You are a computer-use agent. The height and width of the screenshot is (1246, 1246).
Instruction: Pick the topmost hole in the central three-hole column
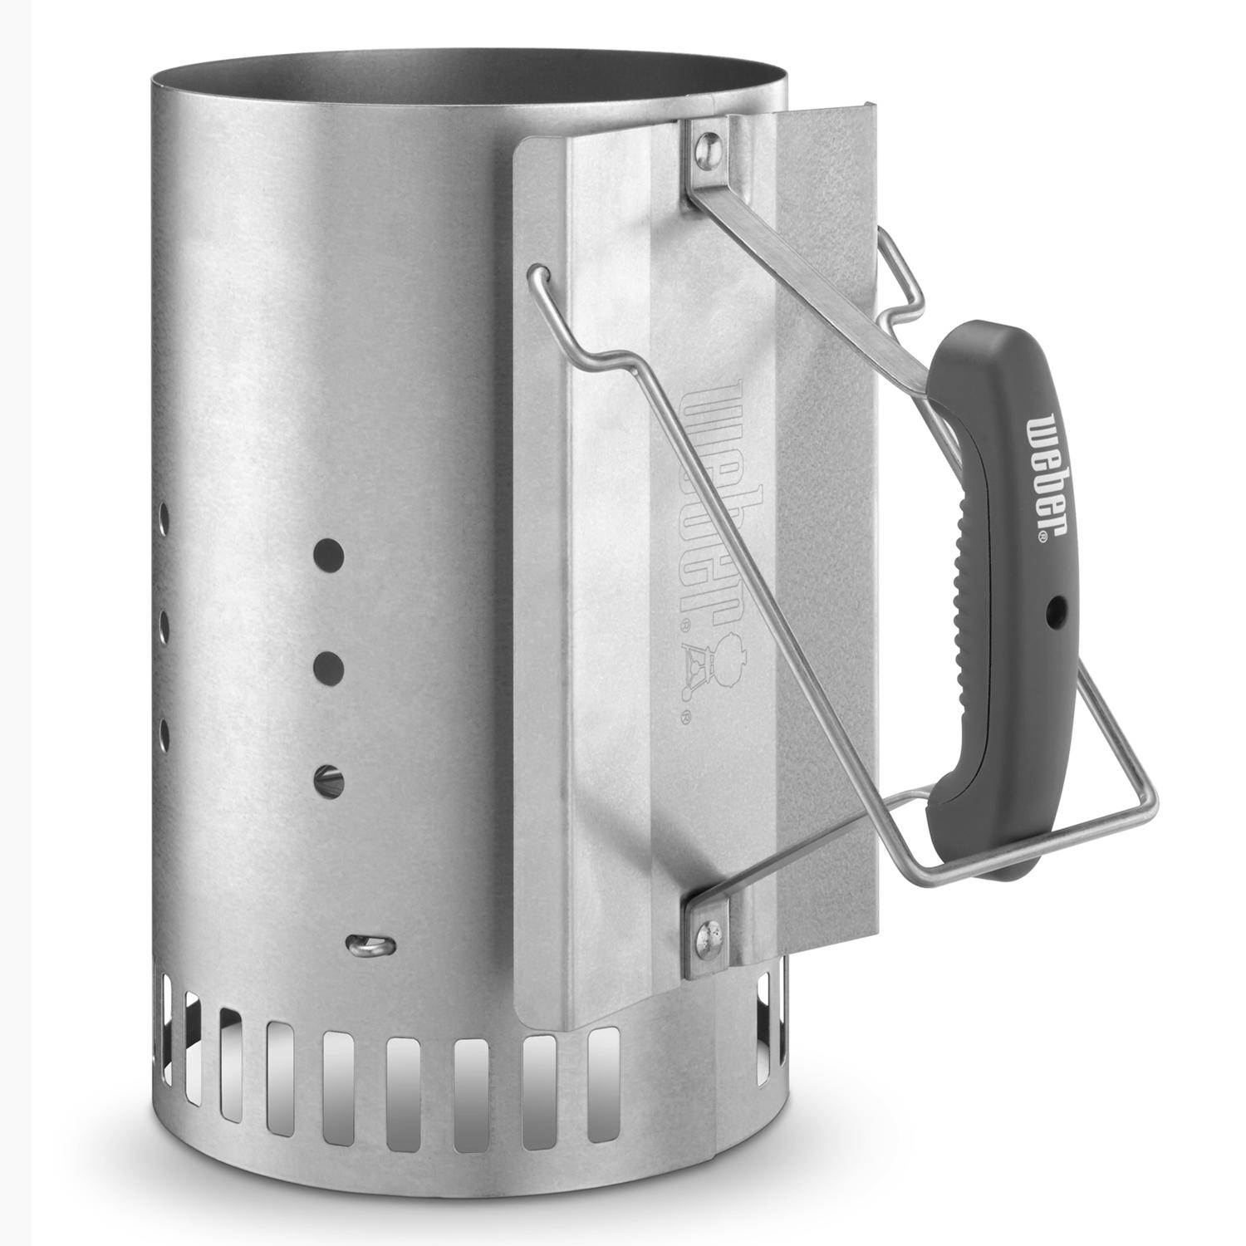pyautogui.click(x=330, y=555)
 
